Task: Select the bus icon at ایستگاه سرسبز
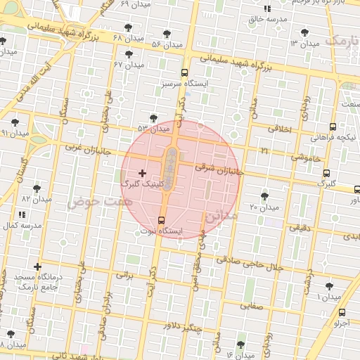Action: [184, 72]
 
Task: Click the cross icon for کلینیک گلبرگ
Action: [142, 173]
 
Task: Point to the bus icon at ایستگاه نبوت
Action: [162, 219]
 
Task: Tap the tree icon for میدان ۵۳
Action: [154, 118]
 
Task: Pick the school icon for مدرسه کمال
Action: [21, 214]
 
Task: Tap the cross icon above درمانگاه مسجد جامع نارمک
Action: [37, 266]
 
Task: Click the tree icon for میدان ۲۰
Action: [264, 196]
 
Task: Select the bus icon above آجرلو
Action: [342, 312]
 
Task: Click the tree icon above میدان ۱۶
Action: [241, 345]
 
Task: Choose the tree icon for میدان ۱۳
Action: [304, 32]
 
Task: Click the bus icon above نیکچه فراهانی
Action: [333, 127]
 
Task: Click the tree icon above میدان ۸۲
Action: [37, 188]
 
